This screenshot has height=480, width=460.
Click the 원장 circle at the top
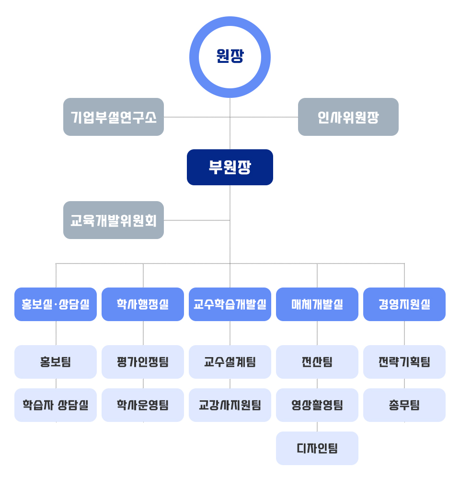click(230, 57)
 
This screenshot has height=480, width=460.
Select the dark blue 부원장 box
click(230, 167)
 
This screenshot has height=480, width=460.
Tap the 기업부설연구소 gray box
click(114, 117)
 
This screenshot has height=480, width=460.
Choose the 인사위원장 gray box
click(348, 117)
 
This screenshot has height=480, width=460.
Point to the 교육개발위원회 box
click(114, 220)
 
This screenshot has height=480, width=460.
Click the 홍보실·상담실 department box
click(56, 304)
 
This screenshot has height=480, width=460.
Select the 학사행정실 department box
click(143, 304)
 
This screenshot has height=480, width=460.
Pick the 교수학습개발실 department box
click(230, 304)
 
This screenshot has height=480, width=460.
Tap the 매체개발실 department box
click(317, 304)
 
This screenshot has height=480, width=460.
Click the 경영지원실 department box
click(404, 304)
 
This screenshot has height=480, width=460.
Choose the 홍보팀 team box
click(56, 362)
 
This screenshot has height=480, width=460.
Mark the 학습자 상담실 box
click(56, 405)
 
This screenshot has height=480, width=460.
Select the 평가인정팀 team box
click(143, 362)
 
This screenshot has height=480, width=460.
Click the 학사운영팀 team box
click(143, 405)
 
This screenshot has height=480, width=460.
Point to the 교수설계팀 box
click(230, 362)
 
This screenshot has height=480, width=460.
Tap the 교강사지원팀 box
click(230, 405)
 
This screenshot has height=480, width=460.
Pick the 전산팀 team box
click(317, 362)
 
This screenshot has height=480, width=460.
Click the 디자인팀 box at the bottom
click(317, 448)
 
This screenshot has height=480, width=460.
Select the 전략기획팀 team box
click(404, 362)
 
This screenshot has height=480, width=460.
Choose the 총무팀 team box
click(404, 405)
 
